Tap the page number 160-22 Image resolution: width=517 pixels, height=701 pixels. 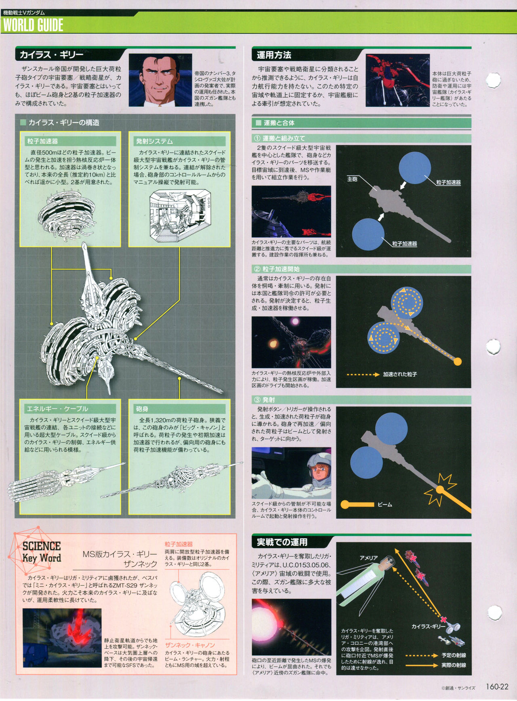(x=497, y=686)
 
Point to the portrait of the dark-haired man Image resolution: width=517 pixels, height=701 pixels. (x=160, y=80)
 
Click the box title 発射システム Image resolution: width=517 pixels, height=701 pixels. (x=154, y=141)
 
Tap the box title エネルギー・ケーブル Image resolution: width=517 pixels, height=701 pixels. (x=57, y=409)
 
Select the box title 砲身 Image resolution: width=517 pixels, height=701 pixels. (x=142, y=409)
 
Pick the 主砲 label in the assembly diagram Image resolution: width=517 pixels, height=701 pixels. (x=352, y=179)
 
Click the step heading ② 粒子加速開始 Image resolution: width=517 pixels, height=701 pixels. (x=276, y=269)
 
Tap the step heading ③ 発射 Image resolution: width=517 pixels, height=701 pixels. (x=264, y=400)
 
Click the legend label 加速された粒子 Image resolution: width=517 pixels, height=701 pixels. (x=400, y=374)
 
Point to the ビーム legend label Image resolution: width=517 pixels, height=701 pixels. (x=385, y=505)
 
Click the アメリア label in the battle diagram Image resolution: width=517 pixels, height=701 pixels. (x=369, y=558)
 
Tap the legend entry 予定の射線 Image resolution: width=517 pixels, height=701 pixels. (x=454, y=655)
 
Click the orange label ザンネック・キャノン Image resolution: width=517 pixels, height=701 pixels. (x=190, y=645)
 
